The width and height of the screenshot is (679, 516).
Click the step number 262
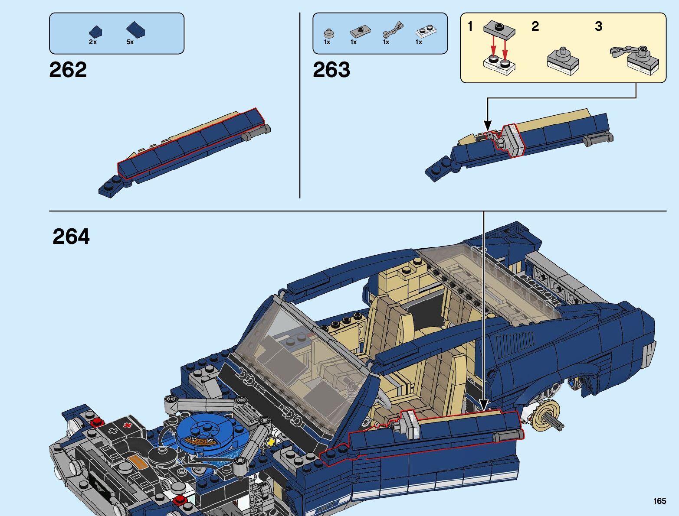68,70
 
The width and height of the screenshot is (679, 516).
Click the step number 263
331,70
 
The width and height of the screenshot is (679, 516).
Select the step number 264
71,237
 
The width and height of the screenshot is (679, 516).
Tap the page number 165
659,501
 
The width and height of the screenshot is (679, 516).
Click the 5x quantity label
130,42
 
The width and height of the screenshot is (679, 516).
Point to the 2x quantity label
92,42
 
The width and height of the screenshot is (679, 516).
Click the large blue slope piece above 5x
135,29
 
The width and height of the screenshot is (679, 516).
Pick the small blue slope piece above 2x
95,32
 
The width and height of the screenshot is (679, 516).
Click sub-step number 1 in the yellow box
470,26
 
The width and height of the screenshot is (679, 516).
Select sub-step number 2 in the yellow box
535,26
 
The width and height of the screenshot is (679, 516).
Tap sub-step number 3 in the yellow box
598,26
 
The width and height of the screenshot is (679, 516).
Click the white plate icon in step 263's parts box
426,32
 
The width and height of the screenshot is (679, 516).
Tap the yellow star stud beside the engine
271,442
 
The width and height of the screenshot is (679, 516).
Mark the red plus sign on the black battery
128,425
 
